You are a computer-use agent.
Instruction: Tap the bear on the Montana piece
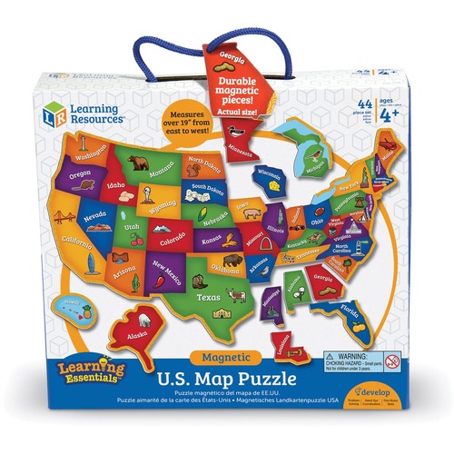coord(140,165)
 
